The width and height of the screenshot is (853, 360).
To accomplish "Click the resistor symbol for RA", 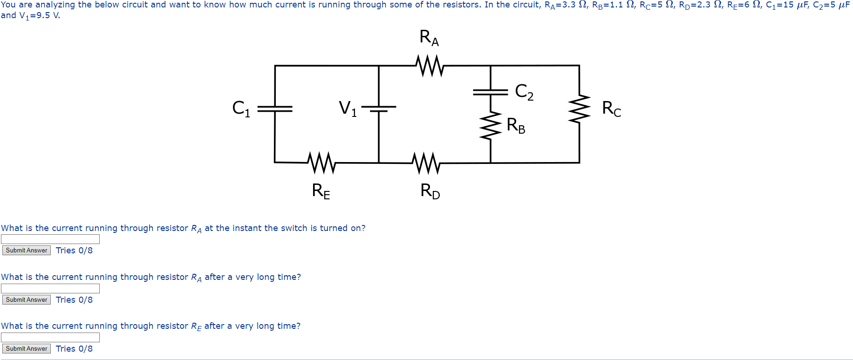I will click(430, 66).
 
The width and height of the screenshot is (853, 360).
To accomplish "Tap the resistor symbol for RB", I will click(491, 125).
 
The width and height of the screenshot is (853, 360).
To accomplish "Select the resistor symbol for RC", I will click(579, 109).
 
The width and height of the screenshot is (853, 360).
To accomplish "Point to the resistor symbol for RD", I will click(426, 163).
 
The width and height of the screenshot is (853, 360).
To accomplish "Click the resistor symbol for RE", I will click(321, 163).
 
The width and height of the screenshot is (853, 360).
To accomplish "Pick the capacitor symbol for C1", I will click(275, 109).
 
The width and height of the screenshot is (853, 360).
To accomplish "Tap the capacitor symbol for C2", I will click(491, 92).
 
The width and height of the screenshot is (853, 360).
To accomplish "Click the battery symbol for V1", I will click(379, 109).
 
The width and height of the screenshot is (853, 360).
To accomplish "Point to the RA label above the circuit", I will click(429, 37).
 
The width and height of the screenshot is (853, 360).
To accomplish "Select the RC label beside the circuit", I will click(611, 109).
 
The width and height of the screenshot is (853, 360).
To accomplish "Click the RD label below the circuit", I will click(430, 190).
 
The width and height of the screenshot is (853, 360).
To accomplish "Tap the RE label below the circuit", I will click(321, 191).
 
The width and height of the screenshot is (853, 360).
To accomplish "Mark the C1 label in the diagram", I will click(241, 109).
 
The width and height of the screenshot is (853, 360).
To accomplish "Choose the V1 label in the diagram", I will click(348, 109).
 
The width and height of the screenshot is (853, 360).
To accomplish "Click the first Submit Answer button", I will click(27, 251).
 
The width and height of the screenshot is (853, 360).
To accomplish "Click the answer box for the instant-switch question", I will click(50, 239).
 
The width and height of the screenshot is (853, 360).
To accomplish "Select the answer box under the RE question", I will click(50, 337).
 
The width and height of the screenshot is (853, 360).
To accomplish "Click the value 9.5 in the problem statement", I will click(43, 15).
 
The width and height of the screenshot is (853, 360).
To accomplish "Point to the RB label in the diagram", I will click(516, 125).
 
